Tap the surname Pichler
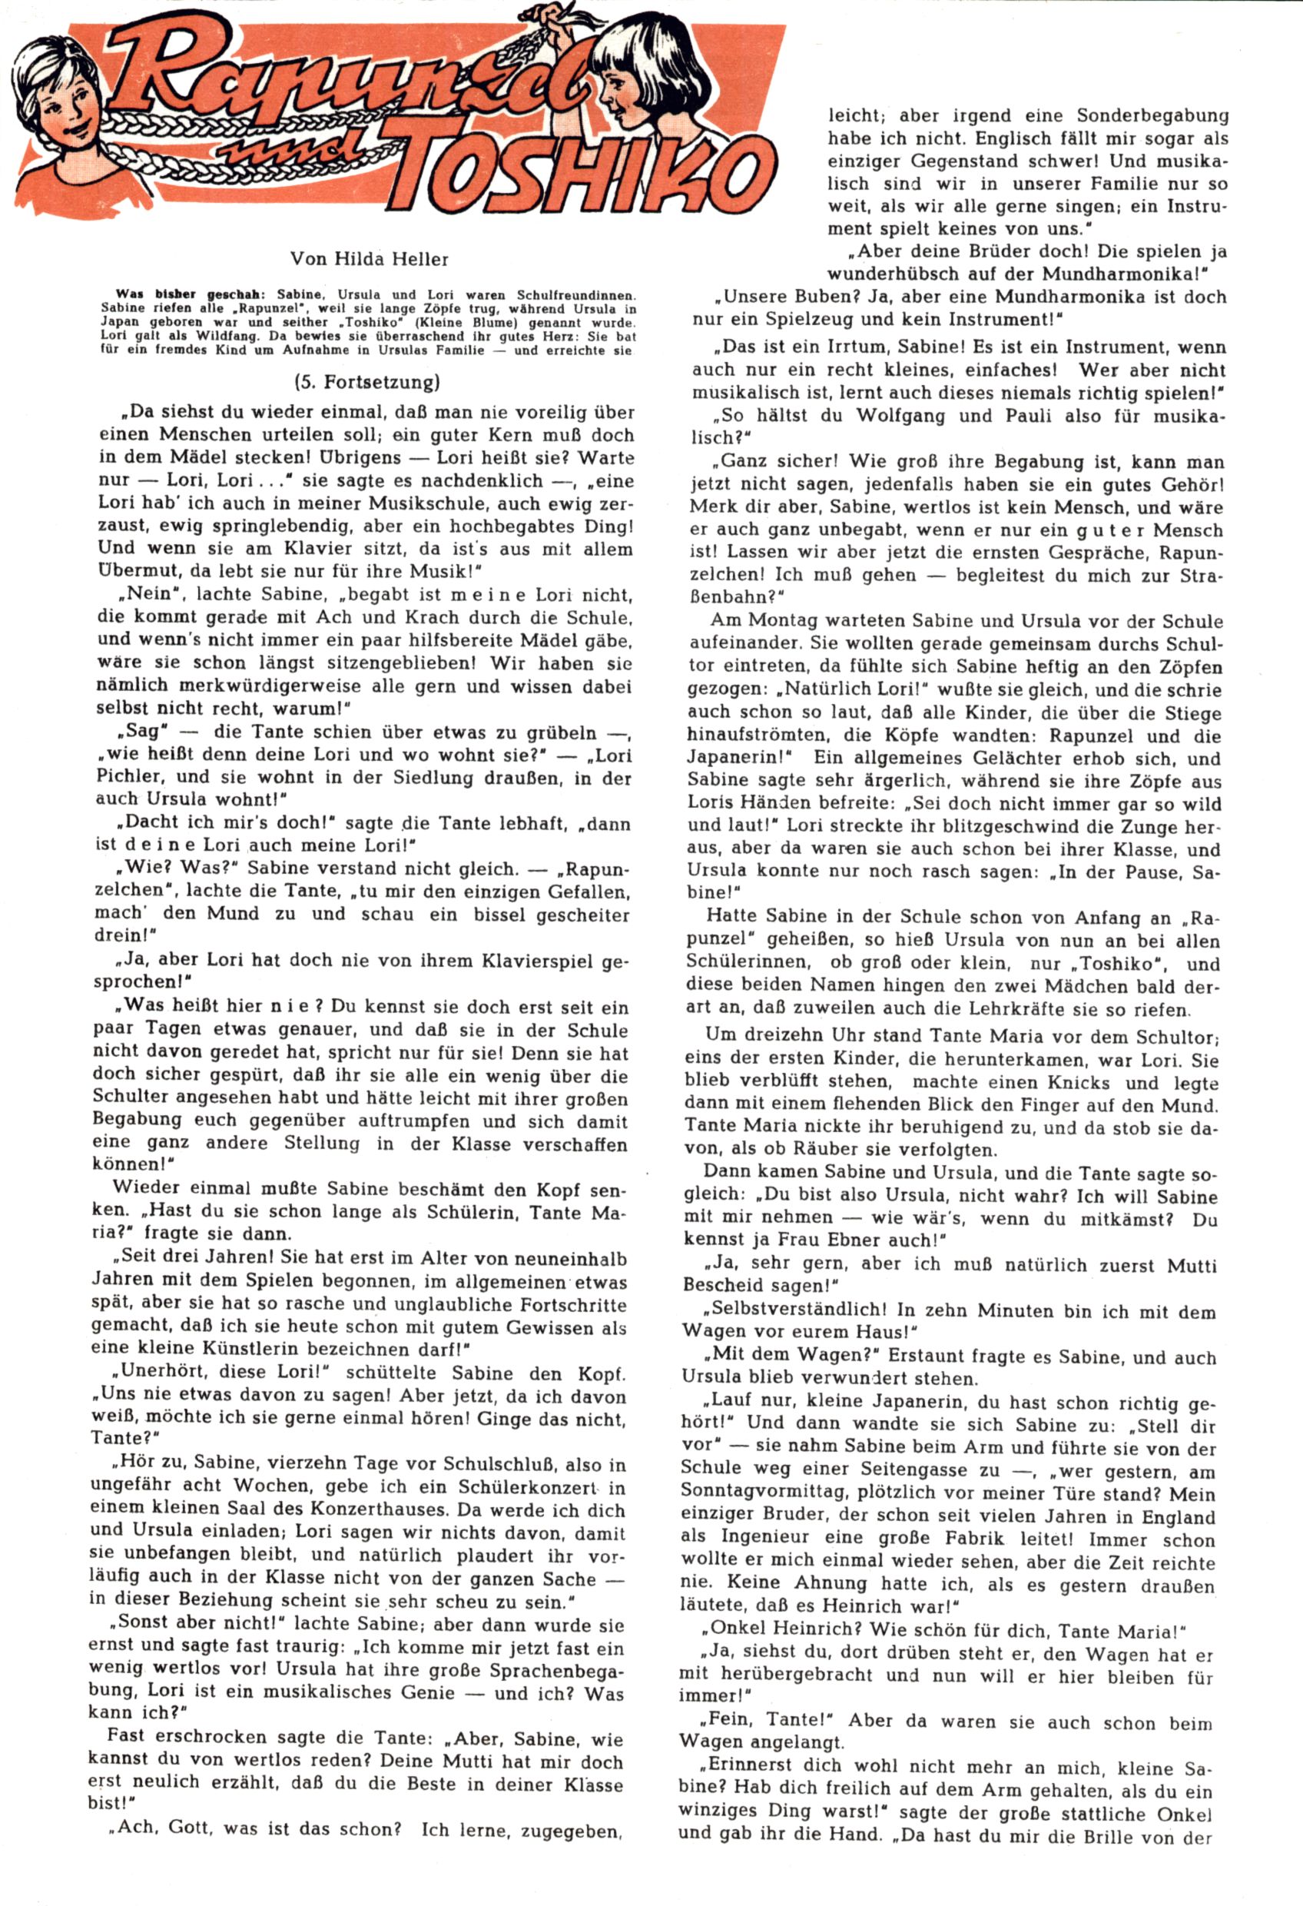(x=131, y=776)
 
